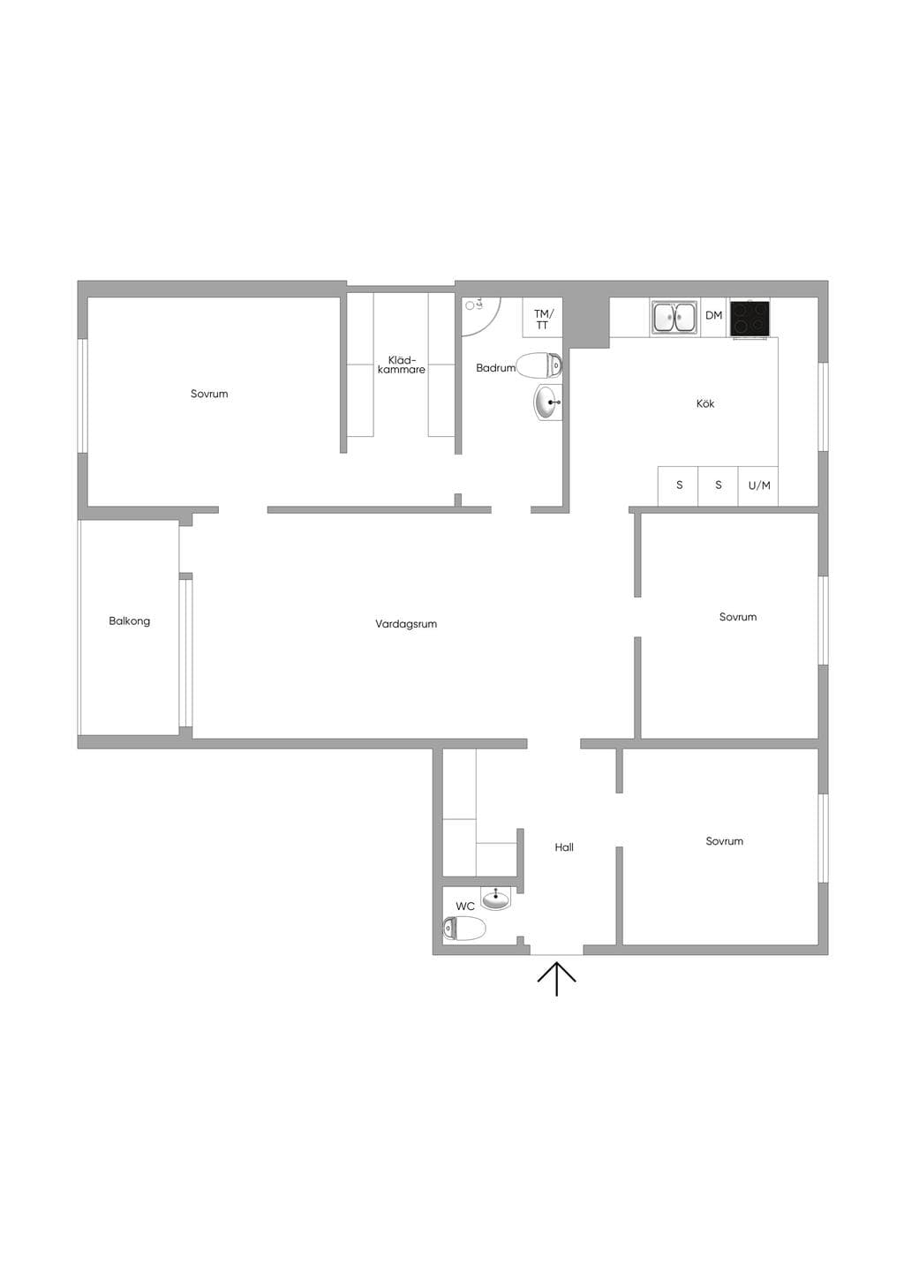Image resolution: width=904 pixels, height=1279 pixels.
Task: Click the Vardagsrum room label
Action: click(x=405, y=624)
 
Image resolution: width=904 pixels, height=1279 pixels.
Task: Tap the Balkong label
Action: click(x=130, y=621)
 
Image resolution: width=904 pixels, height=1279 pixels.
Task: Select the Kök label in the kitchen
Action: click(x=705, y=403)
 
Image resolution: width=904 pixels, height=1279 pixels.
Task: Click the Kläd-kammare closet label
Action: click(x=402, y=365)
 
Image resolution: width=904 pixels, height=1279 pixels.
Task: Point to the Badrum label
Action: click(x=495, y=368)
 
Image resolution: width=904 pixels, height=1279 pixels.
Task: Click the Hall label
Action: click(x=564, y=847)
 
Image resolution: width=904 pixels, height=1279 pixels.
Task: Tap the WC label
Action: click(x=465, y=907)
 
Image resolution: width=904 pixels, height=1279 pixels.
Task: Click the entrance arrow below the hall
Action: click(x=557, y=979)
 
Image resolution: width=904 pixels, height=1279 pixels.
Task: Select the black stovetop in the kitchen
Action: click(x=750, y=318)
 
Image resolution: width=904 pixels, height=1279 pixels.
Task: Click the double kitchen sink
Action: click(x=674, y=318)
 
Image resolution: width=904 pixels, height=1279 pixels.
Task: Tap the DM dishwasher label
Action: click(x=714, y=315)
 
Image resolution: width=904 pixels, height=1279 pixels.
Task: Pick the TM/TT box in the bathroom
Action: click(x=543, y=317)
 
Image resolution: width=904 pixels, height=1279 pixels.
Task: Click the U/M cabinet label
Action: click(x=759, y=485)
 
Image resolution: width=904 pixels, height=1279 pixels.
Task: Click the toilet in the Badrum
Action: click(x=539, y=365)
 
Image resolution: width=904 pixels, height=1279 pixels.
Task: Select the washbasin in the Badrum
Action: click(x=548, y=402)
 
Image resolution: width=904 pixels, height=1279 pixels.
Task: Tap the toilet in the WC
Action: click(x=464, y=928)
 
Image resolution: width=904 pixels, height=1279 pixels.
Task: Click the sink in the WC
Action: click(x=496, y=899)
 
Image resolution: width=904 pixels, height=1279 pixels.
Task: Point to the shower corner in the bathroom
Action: click(x=481, y=316)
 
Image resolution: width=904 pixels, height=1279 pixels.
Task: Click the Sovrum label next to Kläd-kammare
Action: click(x=209, y=394)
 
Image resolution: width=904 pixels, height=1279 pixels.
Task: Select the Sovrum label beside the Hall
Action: click(x=724, y=841)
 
